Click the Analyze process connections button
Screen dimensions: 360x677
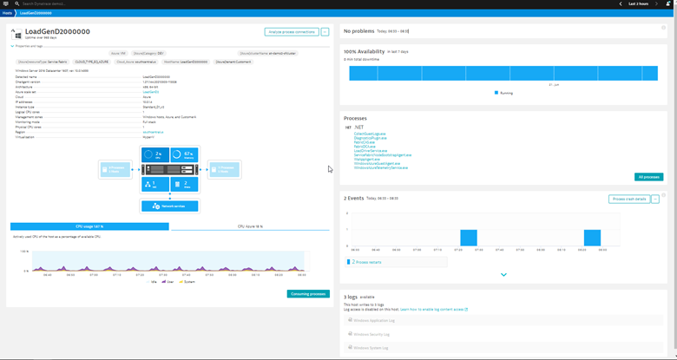coord(292,32)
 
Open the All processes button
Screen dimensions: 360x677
coord(648,177)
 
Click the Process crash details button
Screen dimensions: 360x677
coord(629,199)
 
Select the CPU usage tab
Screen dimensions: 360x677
coord(89,226)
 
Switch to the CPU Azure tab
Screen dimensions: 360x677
coord(249,226)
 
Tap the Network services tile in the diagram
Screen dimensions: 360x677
coord(170,206)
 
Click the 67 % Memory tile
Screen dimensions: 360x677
coord(186,156)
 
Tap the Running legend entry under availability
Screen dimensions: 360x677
coord(504,92)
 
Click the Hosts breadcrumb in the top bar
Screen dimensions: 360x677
coord(6,14)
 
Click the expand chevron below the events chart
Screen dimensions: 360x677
coord(503,275)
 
